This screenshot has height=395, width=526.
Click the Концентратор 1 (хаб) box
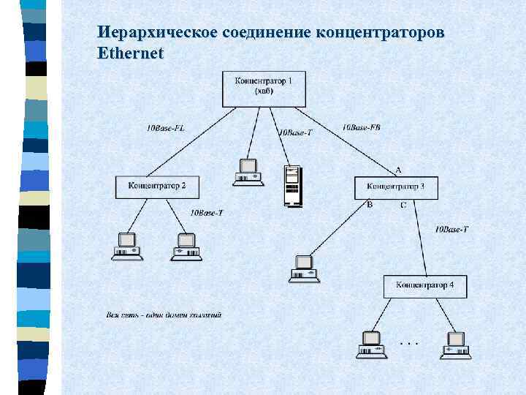(264, 88)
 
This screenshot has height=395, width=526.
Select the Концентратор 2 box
(157, 187)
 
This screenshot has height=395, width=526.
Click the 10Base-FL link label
(166, 129)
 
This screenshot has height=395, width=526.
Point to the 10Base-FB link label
(361, 128)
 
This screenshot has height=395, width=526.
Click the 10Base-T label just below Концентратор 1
(295, 132)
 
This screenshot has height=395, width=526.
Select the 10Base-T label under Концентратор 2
(206, 213)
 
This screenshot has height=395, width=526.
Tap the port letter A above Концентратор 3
(398, 170)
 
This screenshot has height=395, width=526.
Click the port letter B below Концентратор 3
(370, 206)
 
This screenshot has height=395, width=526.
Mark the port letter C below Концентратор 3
(403, 206)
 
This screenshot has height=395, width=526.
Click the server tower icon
(292, 186)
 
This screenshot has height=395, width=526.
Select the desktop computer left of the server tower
(248, 172)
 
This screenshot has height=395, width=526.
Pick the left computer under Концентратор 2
(127, 247)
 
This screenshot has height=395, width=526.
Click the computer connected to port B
(303, 268)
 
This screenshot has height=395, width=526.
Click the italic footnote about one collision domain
(164, 315)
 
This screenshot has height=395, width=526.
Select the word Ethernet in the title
(130, 53)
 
